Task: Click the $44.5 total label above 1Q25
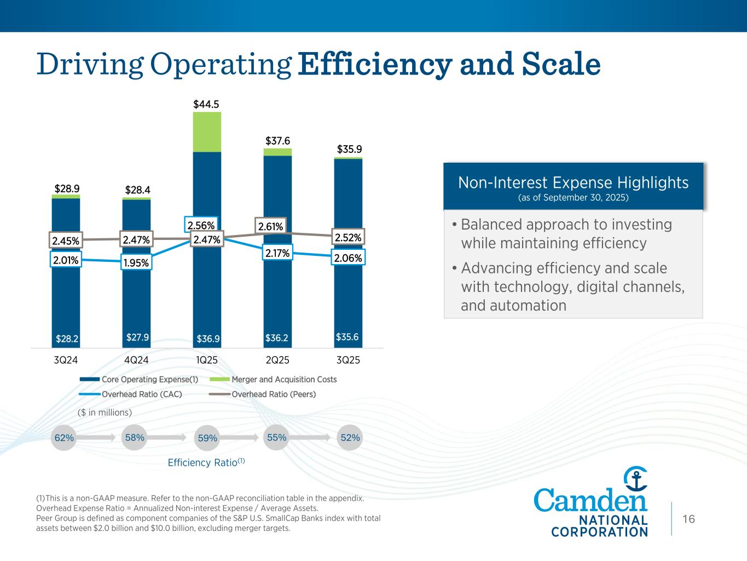coord(207,104)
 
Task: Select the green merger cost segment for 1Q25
coord(207,132)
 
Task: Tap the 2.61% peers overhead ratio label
coord(270,226)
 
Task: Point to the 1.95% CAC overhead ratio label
coord(136,263)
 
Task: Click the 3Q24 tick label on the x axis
coord(66,360)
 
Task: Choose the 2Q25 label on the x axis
coord(277,360)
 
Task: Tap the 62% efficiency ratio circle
coord(64,438)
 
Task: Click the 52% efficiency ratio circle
coord(350,438)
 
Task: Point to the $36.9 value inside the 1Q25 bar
coord(208,339)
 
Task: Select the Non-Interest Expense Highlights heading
coord(573,182)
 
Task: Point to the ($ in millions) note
coord(104,412)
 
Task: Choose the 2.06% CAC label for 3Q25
coord(348,257)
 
